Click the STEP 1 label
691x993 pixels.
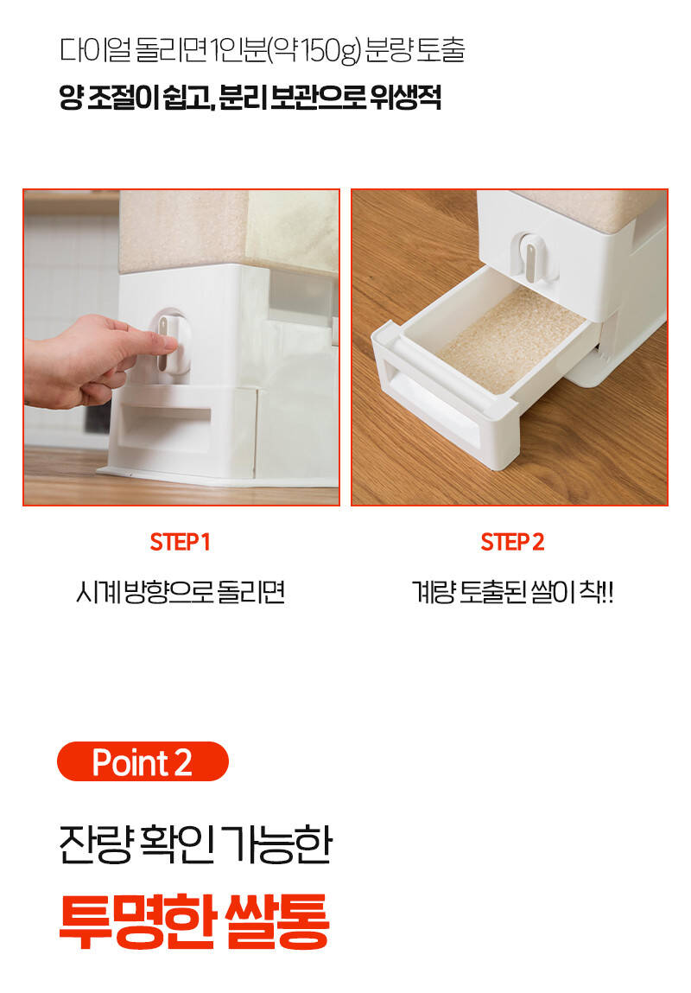pyautogui.click(x=180, y=542)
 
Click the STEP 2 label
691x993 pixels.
pyautogui.click(x=512, y=542)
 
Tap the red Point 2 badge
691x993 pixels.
pyautogui.click(x=143, y=761)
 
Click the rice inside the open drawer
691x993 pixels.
pyautogui.click(x=510, y=342)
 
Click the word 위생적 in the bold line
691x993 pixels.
pyautogui.click(x=406, y=99)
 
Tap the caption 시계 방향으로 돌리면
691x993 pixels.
pyautogui.click(x=181, y=593)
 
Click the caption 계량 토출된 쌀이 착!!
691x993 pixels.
pyautogui.click(x=512, y=593)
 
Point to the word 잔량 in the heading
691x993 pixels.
pyautogui.click(x=96, y=843)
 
